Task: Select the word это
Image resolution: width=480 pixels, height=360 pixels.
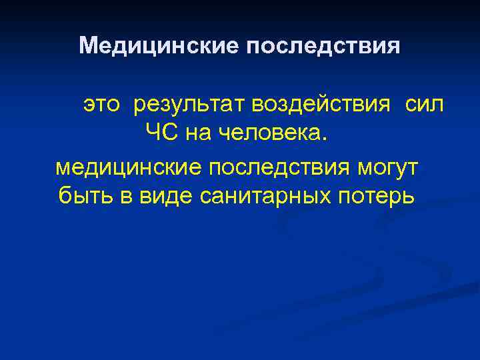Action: pyautogui.click(x=103, y=105)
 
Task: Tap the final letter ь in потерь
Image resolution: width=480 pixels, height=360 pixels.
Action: pyautogui.click(x=408, y=198)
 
